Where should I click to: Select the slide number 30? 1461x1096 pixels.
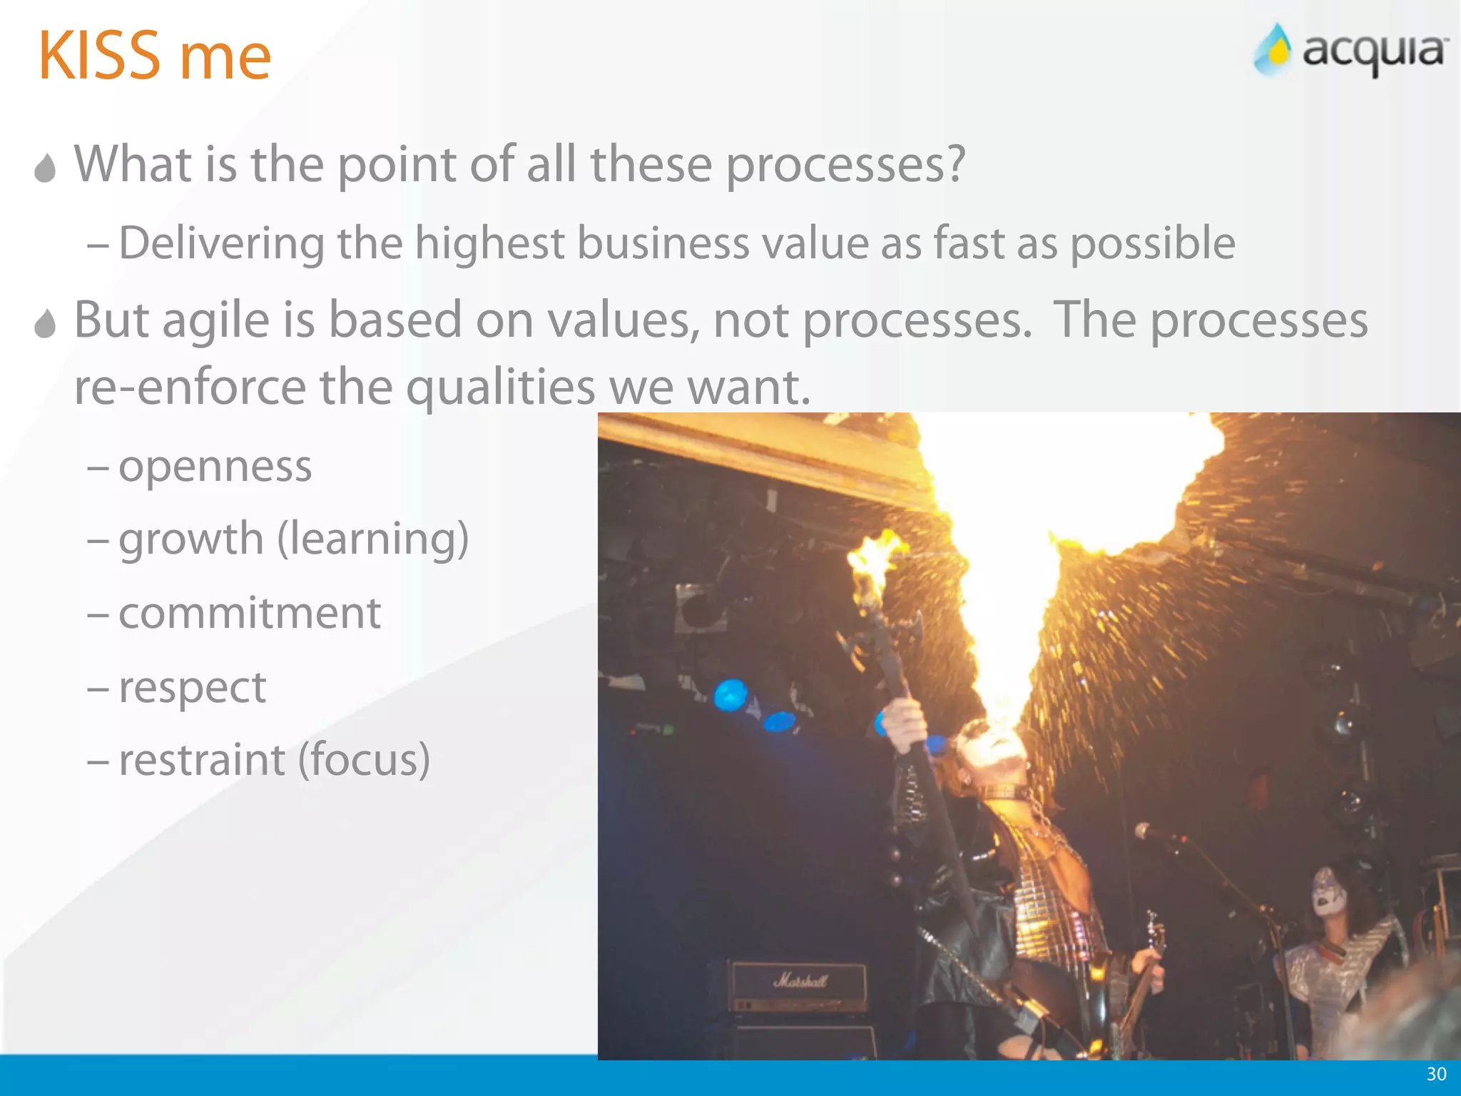(x=1436, y=1074)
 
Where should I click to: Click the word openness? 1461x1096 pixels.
(x=215, y=467)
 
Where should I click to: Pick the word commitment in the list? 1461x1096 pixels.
(x=249, y=613)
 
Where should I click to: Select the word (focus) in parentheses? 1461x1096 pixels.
(x=364, y=759)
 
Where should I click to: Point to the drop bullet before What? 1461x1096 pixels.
(x=45, y=168)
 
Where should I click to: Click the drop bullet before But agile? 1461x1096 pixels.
(x=45, y=324)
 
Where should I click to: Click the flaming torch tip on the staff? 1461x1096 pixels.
(x=873, y=560)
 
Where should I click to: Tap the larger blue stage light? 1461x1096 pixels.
(x=730, y=695)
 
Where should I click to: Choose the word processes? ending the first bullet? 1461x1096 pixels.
(x=845, y=166)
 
